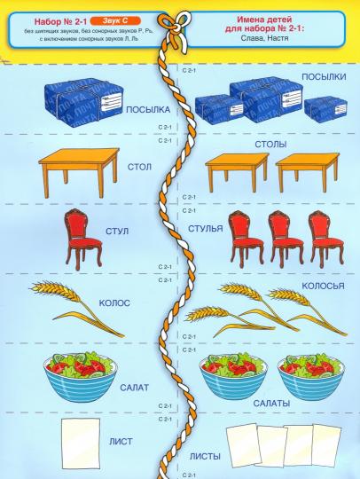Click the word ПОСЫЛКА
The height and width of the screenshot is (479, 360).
[x=148, y=110]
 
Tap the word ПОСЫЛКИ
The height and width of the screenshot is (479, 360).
[x=324, y=76]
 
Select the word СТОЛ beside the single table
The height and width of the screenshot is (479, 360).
[x=139, y=167]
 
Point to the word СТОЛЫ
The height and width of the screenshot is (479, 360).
[x=270, y=145]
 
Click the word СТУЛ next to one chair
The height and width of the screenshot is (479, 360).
[x=117, y=231]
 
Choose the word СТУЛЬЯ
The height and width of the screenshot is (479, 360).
[x=206, y=229]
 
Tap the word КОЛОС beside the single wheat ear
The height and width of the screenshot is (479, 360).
[x=114, y=303]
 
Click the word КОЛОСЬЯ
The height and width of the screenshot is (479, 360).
[x=323, y=286]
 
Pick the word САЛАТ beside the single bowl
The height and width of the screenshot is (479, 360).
[x=135, y=388]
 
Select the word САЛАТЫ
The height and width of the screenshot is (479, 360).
[x=271, y=404]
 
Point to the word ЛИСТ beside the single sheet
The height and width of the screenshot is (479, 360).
[x=121, y=442]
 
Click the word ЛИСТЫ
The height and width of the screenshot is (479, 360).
[x=205, y=457]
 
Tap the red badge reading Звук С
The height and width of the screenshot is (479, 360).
[x=115, y=20]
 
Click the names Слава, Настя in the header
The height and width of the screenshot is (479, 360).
[x=264, y=38]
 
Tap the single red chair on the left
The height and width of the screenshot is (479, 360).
[x=82, y=239]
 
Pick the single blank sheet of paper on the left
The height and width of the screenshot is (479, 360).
[x=81, y=444]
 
